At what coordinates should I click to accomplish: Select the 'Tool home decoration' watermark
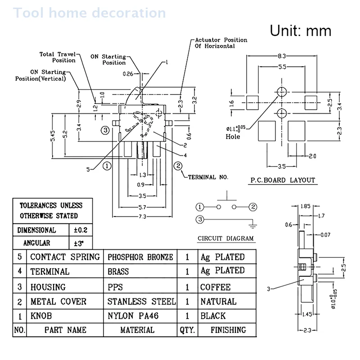coord(90,12)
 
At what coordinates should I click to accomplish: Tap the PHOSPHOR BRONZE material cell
coord(140,257)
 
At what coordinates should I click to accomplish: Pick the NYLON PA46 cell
coord(135,315)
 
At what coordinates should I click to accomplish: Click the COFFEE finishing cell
coord(216,287)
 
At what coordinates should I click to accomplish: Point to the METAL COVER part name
coord(58,301)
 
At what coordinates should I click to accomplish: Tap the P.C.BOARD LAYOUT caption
coord(283,180)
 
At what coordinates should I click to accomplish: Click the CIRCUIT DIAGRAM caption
coord(225,238)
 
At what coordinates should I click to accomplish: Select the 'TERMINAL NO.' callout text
coord(208,177)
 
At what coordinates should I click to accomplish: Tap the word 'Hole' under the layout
coord(233,136)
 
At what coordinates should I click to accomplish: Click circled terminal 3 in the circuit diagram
coord(199,220)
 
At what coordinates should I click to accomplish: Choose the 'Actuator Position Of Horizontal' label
coord(221,43)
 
